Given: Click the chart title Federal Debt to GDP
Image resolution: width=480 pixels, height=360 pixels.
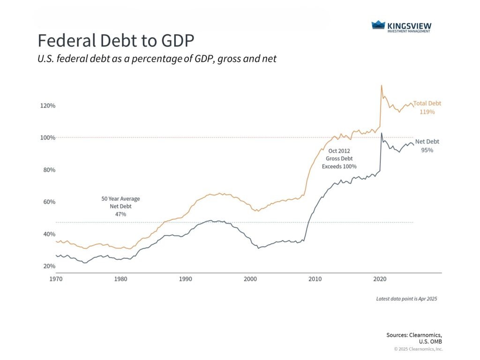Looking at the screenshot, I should click(115, 41).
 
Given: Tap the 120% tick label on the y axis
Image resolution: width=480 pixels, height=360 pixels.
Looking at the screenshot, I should click(47, 105).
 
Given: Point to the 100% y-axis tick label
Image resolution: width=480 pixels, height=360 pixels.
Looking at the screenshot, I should click(47, 138).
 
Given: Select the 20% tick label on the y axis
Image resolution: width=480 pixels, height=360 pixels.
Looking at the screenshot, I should click(48, 266).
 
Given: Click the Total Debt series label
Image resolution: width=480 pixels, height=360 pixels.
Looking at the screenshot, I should click(427, 104).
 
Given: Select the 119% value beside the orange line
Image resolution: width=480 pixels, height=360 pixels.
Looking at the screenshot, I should click(427, 112).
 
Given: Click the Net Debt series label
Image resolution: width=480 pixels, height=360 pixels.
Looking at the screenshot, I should click(427, 142).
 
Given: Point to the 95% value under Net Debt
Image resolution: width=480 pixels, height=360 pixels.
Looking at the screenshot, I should click(427, 150).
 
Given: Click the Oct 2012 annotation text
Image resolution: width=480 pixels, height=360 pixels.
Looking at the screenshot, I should click(339, 151).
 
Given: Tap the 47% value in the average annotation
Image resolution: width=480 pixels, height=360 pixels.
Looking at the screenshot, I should click(120, 214).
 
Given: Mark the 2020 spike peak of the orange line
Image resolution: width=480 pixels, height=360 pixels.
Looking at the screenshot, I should click(382, 85).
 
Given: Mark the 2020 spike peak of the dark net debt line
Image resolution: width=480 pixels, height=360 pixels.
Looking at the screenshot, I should click(382, 133).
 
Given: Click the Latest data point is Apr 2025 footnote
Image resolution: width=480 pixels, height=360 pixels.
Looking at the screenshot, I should click(406, 299).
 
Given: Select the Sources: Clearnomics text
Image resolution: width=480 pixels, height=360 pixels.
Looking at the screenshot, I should click(414, 335).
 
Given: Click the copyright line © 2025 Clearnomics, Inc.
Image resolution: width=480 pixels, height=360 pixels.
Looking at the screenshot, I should click(418, 349).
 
